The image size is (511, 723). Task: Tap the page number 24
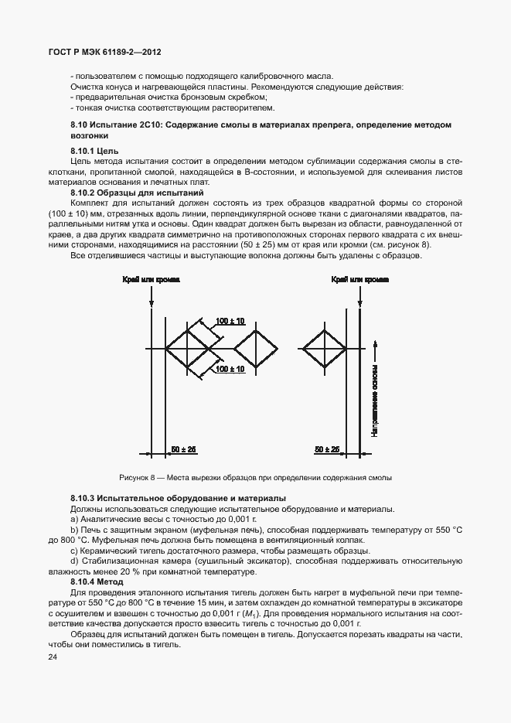53,657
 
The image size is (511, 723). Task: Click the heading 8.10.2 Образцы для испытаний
126,192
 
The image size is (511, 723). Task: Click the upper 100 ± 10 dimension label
230,321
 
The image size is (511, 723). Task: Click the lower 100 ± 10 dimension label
230,370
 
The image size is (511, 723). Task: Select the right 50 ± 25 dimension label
328,449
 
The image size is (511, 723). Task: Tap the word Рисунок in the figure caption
135,478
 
